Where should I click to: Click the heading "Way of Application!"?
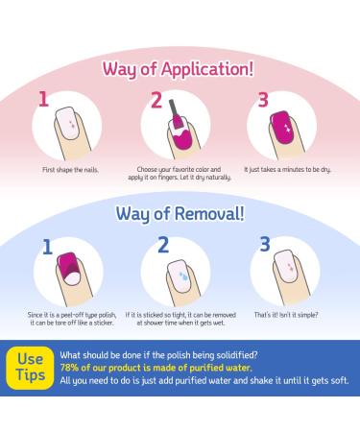pyautogui.click(x=178, y=69)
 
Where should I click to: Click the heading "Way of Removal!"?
pyautogui.click(x=180, y=214)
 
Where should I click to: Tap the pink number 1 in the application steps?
pyautogui.click(x=43, y=99)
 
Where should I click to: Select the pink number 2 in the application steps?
pyautogui.click(x=156, y=100)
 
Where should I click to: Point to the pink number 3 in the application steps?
pyautogui.click(x=263, y=100)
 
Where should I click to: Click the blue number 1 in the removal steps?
pyautogui.click(x=47, y=247)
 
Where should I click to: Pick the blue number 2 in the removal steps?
pyautogui.click(x=163, y=245)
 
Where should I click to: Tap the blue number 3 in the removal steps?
pyautogui.click(x=265, y=244)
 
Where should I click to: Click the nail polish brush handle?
pyautogui.click(x=173, y=108)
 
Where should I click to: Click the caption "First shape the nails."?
pyautogui.click(x=70, y=170)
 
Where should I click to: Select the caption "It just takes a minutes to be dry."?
pyautogui.click(x=287, y=169)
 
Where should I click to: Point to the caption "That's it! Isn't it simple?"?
pyautogui.click(x=286, y=315)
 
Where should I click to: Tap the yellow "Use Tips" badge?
pyautogui.click(x=30, y=368)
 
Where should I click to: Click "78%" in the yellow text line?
pyautogui.click(x=69, y=368)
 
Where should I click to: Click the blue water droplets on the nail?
pyautogui.click(x=183, y=276)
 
